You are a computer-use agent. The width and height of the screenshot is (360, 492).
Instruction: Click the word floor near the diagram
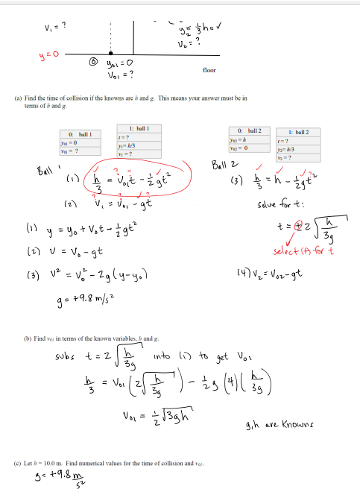(x=209, y=71)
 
